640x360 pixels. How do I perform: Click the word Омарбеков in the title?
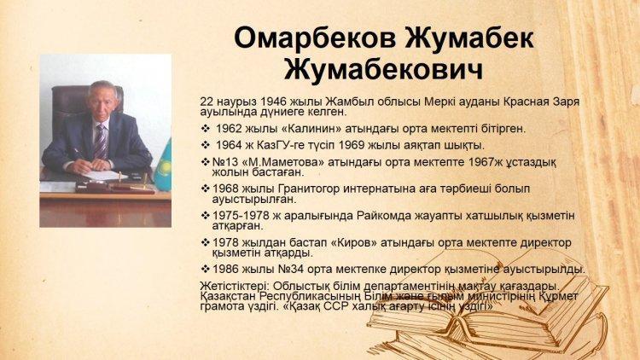click(x=315, y=38)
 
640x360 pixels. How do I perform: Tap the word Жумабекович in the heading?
click(x=383, y=70)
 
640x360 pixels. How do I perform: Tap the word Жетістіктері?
click(x=235, y=286)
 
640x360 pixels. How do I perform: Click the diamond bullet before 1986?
click(x=206, y=270)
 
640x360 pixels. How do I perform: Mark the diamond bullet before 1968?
click(x=206, y=189)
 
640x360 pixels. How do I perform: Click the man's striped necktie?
click(x=100, y=142)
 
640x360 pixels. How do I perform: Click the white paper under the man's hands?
click(x=104, y=176)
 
